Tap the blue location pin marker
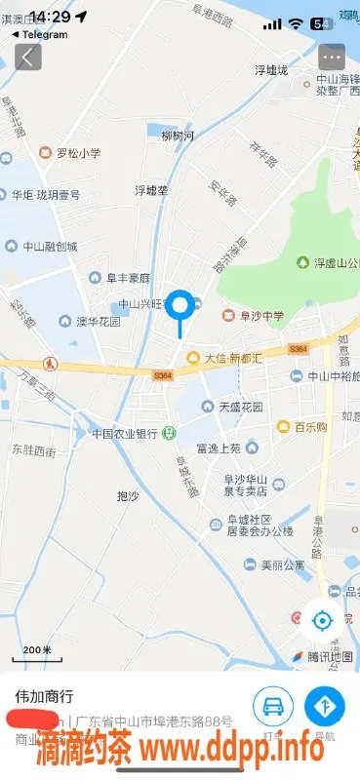180,306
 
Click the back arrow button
28,57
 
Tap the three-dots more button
332,57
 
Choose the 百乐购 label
309,426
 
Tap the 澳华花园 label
98,321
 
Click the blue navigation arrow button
325,705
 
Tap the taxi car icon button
273,705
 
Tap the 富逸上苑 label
218,448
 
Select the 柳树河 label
178,136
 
